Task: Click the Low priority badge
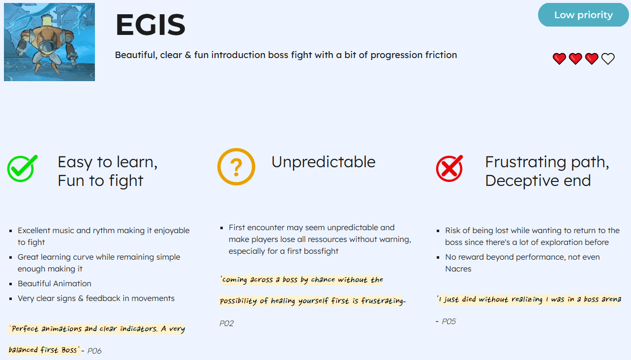click(583, 15)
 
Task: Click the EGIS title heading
click(150, 25)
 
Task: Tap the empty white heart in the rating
click(608, 59)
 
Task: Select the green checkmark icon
click(23, 168)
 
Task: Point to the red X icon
click(450, 168)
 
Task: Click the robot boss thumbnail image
click(49, 42)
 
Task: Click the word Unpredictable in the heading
click(324, 162)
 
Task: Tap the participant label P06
click(94, 351)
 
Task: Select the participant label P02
click(227, 324)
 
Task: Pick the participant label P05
click(449, 322)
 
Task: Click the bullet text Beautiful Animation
click(55, 283)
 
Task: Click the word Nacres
click(458, 269)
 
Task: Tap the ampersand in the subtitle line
click(188, 55)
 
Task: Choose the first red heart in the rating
click(559, 59)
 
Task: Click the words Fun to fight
click(100, 180)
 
